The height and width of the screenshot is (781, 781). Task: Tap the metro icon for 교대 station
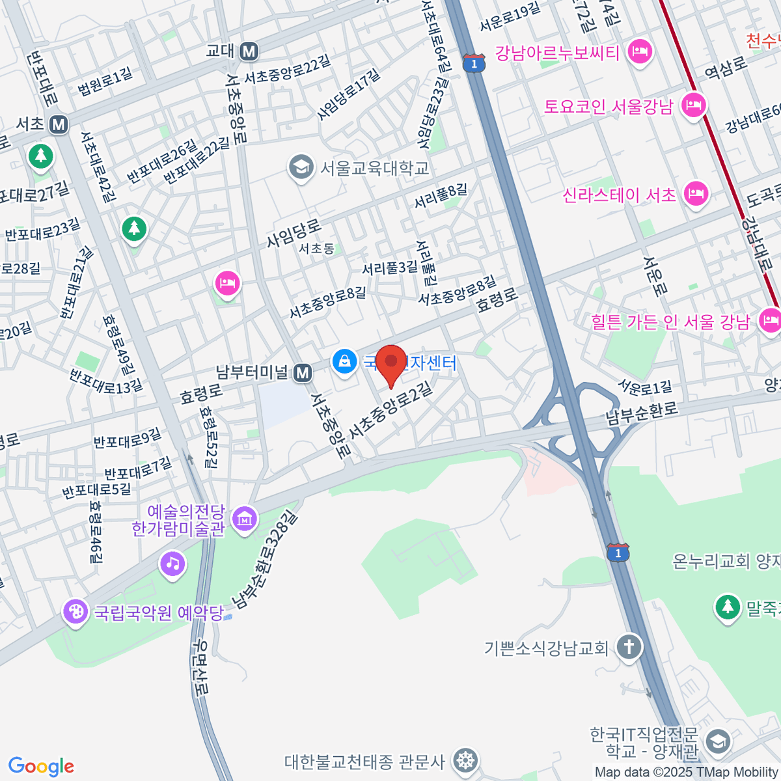[249, 51]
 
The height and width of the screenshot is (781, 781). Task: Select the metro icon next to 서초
[59, 124]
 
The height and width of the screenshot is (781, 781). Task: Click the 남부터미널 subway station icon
[302, 373]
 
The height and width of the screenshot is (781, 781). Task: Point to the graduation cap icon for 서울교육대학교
[301, 167]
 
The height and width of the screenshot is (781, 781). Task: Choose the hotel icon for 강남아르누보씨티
[640, 51]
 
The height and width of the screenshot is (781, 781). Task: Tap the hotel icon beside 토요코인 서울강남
[694, 105]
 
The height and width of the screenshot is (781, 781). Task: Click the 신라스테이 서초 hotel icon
[696, 194]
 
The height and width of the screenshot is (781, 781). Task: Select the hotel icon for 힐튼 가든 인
[771, 321]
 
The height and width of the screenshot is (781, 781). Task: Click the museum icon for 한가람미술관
[245, 519]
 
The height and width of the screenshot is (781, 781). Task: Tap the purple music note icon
[172, 562]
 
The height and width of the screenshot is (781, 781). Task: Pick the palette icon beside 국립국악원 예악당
[76, 612]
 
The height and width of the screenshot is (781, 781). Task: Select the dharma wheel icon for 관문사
[466, 760]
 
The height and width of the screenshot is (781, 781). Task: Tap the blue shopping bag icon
[344, 361]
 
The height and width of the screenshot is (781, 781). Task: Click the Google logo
[41, 767]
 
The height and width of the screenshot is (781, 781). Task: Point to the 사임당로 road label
[294, 233]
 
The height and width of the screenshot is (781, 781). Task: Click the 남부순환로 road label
[642, 413]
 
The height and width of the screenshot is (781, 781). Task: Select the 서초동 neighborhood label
[317, 249]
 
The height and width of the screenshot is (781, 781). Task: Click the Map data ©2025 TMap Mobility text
[687, 773]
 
